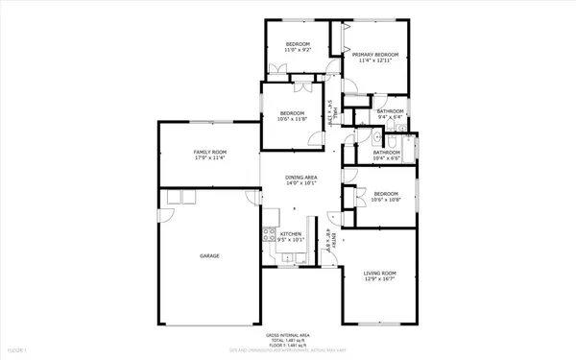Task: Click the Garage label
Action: coord(209,255)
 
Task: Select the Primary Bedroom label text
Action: coord(374,55)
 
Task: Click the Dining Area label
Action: coord(300,178)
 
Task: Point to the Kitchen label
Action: coord(291,234)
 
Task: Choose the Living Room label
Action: coord(379,275)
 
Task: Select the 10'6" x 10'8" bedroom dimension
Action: coord(386,201)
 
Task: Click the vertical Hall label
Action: coord(332,112)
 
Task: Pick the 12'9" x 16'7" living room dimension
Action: coord(379,280)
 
